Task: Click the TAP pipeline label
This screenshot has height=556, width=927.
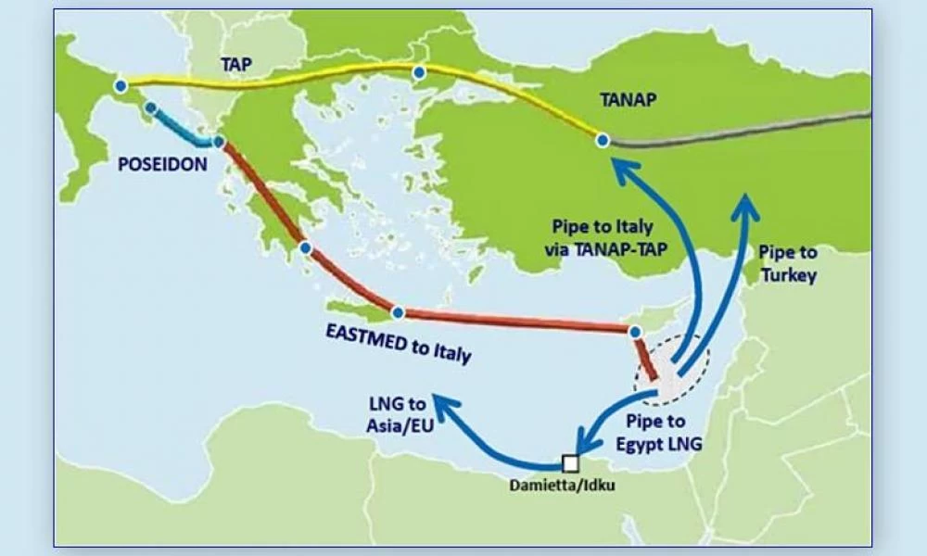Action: pos(235,65)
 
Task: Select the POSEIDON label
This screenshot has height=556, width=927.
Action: pos(162,164)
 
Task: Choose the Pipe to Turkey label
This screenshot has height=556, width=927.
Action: pos(787,263)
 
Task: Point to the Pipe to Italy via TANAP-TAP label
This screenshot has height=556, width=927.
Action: pos(603,235)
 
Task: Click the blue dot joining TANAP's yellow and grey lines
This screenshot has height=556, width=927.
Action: pos(603,140)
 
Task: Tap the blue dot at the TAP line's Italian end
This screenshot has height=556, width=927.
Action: pos(121,86)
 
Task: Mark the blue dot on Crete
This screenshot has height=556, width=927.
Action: pos(398,313)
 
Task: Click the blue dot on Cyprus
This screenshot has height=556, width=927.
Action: pos(635,331)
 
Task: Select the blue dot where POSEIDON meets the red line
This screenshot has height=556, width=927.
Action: pos(219,142)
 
